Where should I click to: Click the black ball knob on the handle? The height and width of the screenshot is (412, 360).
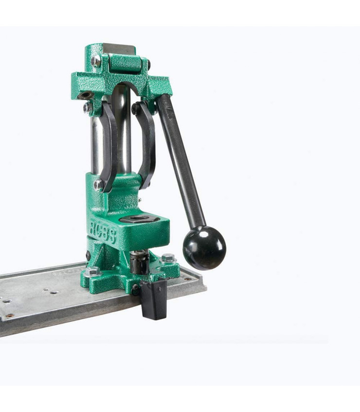204,247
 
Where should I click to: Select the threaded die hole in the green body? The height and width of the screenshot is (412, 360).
139,219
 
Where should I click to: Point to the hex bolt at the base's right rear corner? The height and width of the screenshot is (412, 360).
168,258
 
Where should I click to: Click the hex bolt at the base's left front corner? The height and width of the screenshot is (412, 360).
93,272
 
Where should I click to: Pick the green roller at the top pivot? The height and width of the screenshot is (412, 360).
126,65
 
